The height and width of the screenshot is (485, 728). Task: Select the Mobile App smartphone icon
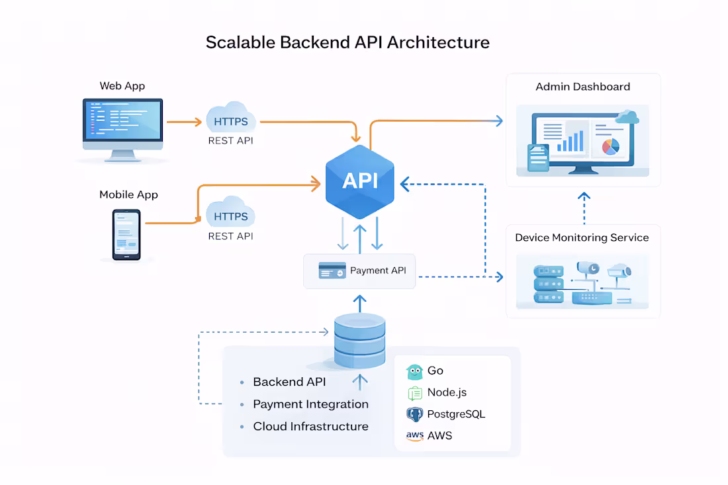pyautogui.click(x=126, y=234)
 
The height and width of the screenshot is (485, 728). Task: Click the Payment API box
pyautogui.click(x=359, y=271)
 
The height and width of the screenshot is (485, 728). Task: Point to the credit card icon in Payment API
pyautogui.click(x=332, y=271)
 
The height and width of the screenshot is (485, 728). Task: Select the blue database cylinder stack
pyautogui.click(x=359, y=340)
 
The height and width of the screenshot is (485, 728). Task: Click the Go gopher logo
pyautogui.click(x=415, y=371)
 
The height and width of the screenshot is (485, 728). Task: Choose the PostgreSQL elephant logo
pyautogui.click(x=415, y=414)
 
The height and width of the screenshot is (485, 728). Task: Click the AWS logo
pyautogui.click(x=415, y=436)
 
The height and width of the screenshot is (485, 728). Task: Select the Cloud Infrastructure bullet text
pyautogui.click(x=310, y=426)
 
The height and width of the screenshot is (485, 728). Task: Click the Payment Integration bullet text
pyautogui.click(x=310, y=404)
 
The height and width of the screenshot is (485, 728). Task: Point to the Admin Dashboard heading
pyautogui.click(x=582, y=87)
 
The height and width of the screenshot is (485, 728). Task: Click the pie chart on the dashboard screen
pyautogui.click(x=610, y=146)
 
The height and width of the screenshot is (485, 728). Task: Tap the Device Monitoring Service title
pyautogui.click(x=582, y=238)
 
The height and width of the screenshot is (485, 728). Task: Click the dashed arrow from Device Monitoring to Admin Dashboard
pyautogui.click(x=584, y=208)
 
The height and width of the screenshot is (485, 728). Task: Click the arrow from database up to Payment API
pyautogui.click(x=359, y=303)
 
